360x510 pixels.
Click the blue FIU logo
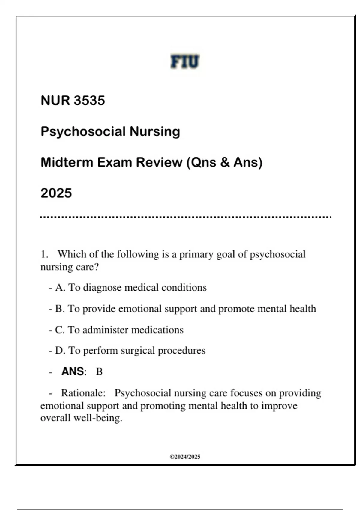[185, 61]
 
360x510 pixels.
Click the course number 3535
[89, 100]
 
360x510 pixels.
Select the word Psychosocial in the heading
[83, 131]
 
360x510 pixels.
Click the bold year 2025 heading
[56, 193]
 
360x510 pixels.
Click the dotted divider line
[185, 217]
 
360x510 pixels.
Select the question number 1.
[44, 254]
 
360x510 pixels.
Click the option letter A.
[60, 288]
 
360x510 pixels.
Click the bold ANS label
[73, 371]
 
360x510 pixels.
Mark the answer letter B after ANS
[99, 372]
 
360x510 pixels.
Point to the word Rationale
[83, 393]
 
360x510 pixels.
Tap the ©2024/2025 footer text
[185, 457]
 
